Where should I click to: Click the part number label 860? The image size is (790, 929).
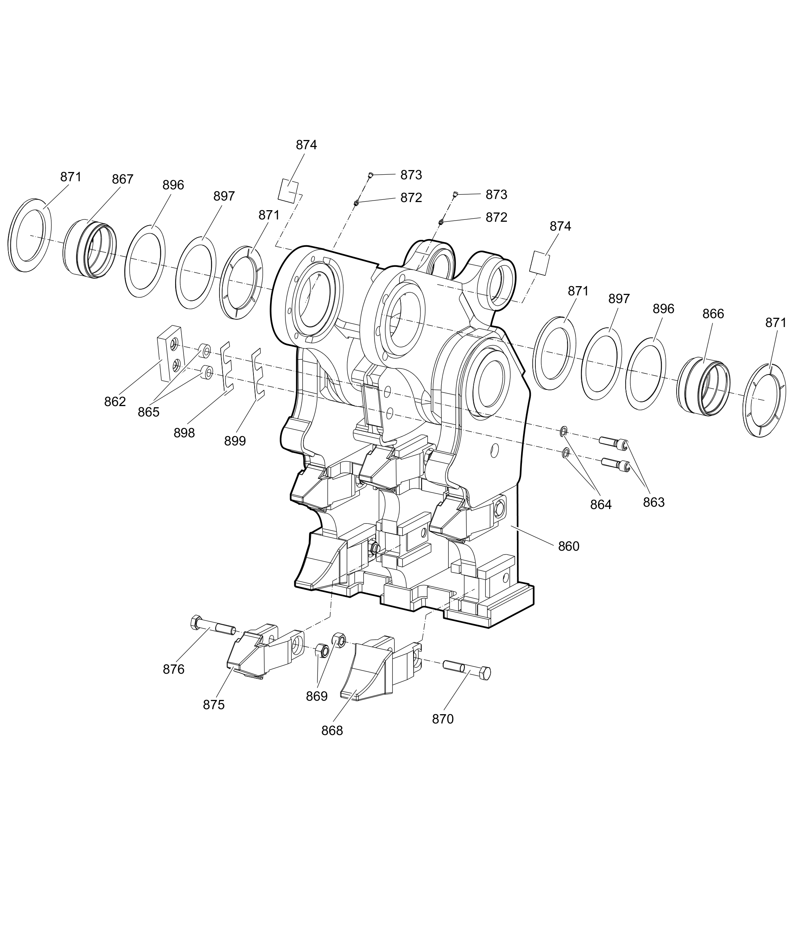point(568,546)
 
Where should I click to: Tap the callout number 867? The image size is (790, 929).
point(122,179)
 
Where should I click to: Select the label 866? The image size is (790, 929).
point(713,314)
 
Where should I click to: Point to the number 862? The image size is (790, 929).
point(115,401)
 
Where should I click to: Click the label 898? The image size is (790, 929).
point(184,433)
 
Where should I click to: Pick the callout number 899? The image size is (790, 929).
point(235,441)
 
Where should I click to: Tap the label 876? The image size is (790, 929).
point(173,669)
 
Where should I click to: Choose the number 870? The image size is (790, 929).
point(442,719)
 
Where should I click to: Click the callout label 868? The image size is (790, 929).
point(332,731)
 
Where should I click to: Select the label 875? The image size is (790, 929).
point(213,705)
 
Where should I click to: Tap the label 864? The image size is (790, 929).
point(600,504)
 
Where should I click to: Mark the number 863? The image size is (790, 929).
point(653,502)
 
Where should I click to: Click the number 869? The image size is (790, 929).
point(317,696)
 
